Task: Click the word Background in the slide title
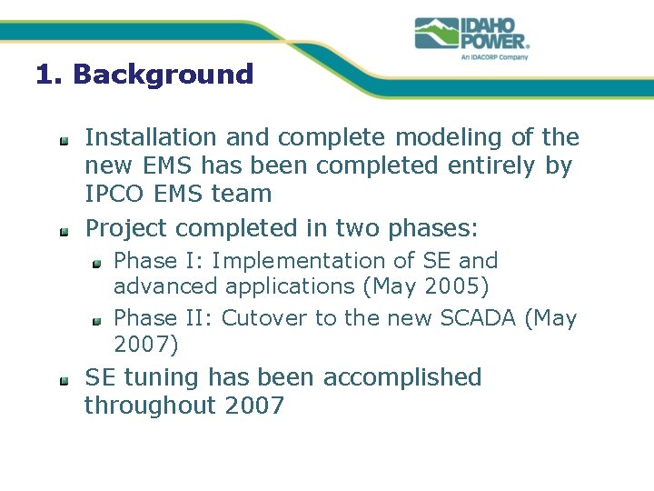pyautogui.click(x=163, y=75)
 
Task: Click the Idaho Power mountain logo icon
pyautogui.click(x=436, y=33)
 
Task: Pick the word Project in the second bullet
pyautogui.click(x=126, y=227)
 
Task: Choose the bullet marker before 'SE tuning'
pyautogui.click(x=64, y=380)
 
